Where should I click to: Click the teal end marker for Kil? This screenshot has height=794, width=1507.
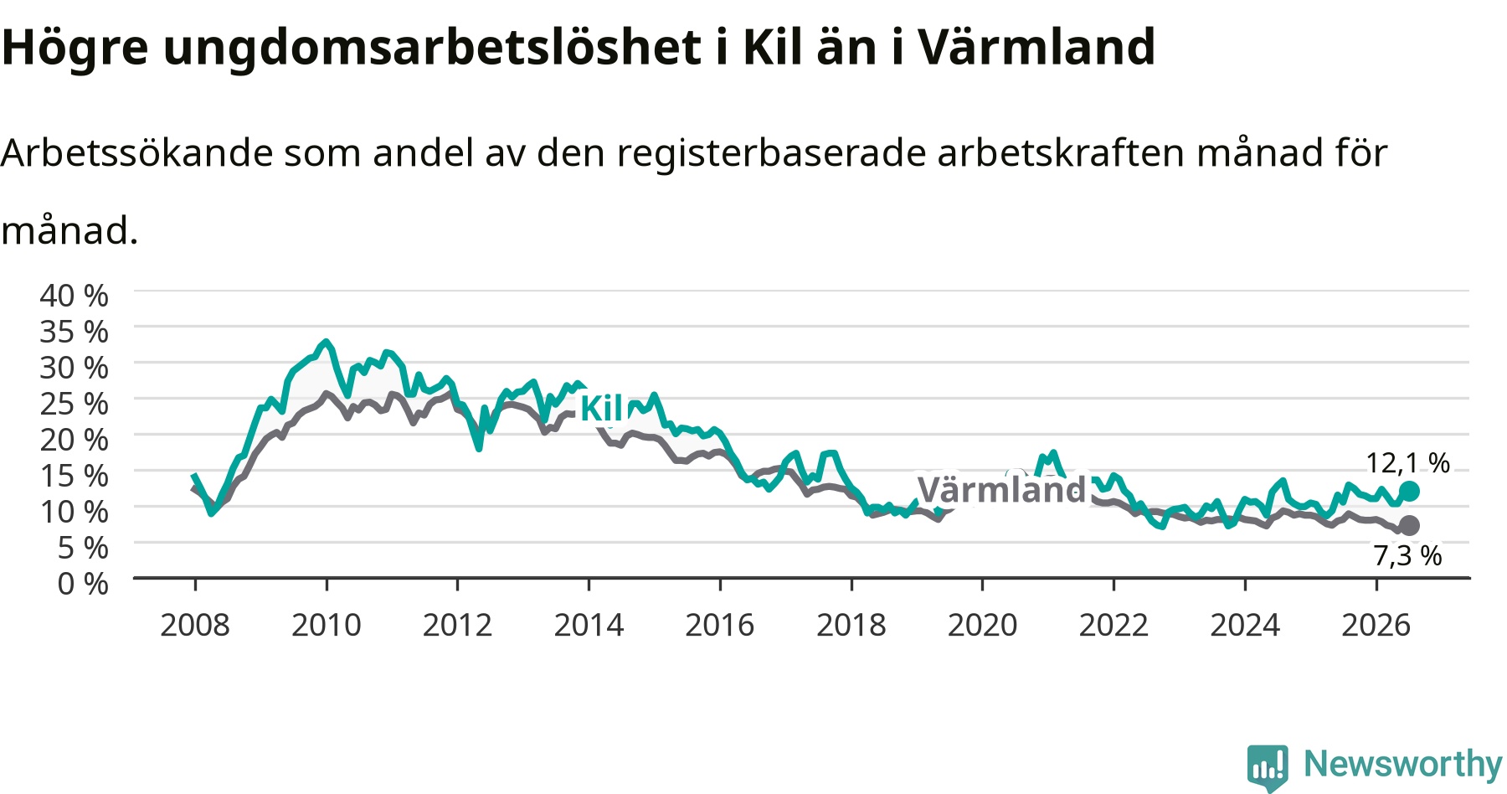point(1409,491)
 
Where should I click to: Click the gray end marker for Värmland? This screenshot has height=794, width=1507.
point(1409,525)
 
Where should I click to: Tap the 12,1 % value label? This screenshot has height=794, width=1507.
point(1407,463)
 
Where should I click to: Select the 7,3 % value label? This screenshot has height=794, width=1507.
point(1407,555)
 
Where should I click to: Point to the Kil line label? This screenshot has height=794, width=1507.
point(601,409)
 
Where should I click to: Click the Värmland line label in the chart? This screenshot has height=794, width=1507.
point(1001,490)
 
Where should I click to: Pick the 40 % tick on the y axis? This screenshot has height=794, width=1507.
point(74,296)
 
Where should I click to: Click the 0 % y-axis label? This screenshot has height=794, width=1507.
point(83,583)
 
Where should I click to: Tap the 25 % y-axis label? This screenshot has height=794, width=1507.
point(74,404)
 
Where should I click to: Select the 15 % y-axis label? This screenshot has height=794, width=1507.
point(74,476)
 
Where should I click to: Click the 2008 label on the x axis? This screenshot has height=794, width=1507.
point(195,625)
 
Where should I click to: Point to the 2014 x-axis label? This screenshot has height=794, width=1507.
point(589,625)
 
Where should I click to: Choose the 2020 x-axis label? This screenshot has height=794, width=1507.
point(982,625)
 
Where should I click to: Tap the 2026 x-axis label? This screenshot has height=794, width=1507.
point(1376,625)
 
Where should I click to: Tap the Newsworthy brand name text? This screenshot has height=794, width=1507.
point(1403,765)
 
